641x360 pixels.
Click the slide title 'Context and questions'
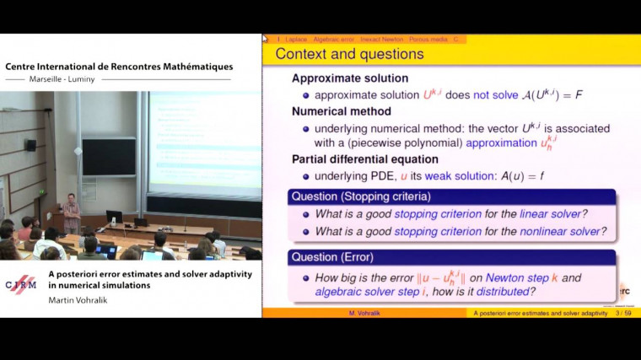pos(349,55)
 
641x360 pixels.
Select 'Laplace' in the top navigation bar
pos(296,39)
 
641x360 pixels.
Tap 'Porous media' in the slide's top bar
pos(428,39)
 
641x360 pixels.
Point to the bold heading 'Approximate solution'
pos(344,78)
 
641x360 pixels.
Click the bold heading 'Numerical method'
pos(341,110)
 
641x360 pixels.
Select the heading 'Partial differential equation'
pos(364,159)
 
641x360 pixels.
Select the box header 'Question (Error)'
pos(332,257)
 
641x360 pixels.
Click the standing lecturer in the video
pos(72,213)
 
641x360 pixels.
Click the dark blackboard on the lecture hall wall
pos(110,157)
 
